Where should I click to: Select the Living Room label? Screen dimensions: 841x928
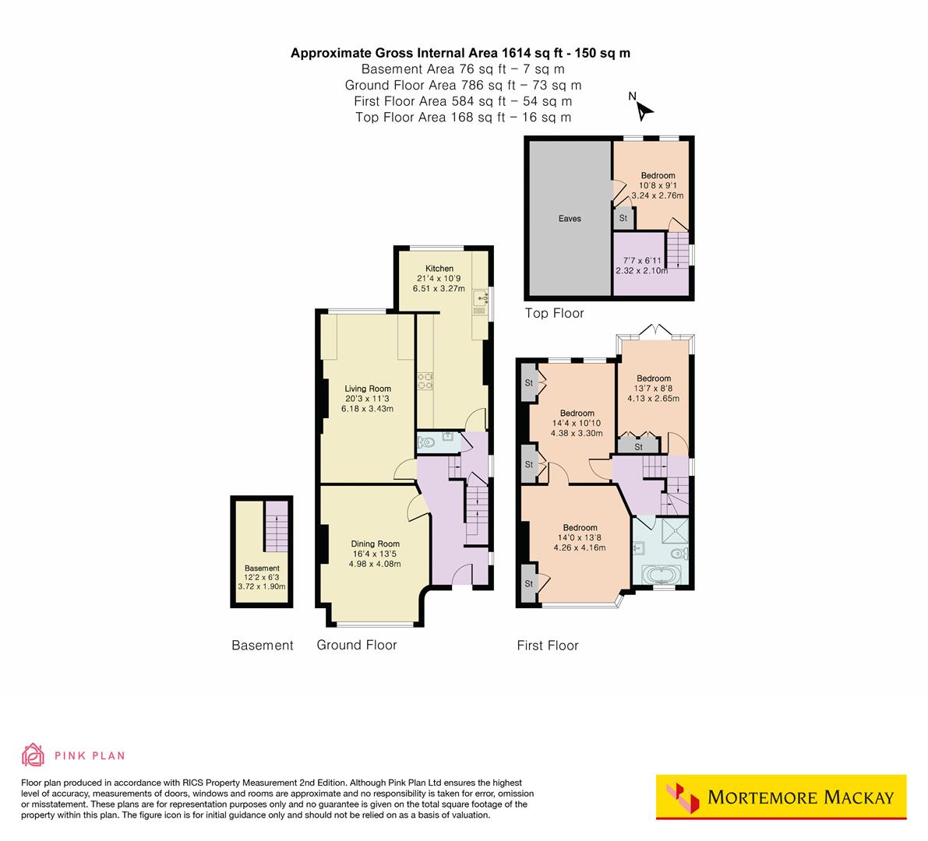click(369, 389)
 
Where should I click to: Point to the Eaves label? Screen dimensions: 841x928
click(570, 219)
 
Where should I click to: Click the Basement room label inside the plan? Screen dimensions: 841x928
click(262, 568)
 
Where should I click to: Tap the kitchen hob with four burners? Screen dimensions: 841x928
click(426, 382)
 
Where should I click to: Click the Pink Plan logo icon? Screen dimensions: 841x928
click(34, 755)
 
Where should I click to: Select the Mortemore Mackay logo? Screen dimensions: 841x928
click(781, 797)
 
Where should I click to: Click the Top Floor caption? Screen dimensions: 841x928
click(554, 314)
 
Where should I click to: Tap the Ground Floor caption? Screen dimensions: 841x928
click(356, 645)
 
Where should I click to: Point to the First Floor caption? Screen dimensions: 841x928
click(548, 646)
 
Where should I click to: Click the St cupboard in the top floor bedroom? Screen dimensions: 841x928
click(623, 219)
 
